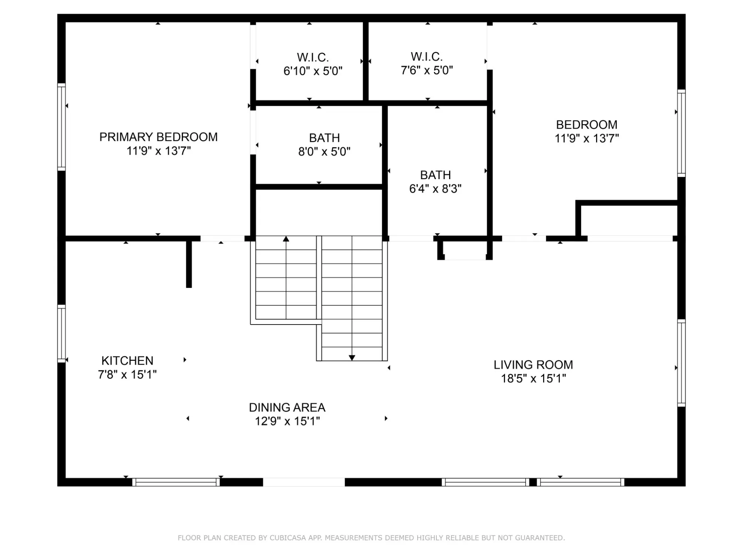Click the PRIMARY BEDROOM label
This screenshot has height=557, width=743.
tap(158, 137)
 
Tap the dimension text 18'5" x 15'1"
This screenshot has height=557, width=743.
tap(533, 379)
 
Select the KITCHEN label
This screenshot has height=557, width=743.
tap(127, 360)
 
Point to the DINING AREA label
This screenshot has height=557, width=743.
tap(287, 407)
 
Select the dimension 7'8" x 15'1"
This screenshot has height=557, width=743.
tap(127, 375)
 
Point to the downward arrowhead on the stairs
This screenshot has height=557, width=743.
tap(352, 358)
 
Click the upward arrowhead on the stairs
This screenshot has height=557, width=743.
tap(286, 239)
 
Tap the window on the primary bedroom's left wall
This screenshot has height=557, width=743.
tap(61, 127)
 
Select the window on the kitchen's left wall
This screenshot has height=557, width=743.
tap(61, 333)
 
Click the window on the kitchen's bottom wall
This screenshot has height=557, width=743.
tap(176, 482)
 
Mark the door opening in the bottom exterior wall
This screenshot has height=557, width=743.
tap(304, 482)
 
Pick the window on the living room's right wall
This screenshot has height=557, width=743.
tap(682, 363)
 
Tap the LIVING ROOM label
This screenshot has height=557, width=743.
tap(533, 365)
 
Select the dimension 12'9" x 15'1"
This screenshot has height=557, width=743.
tap(287, 421)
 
